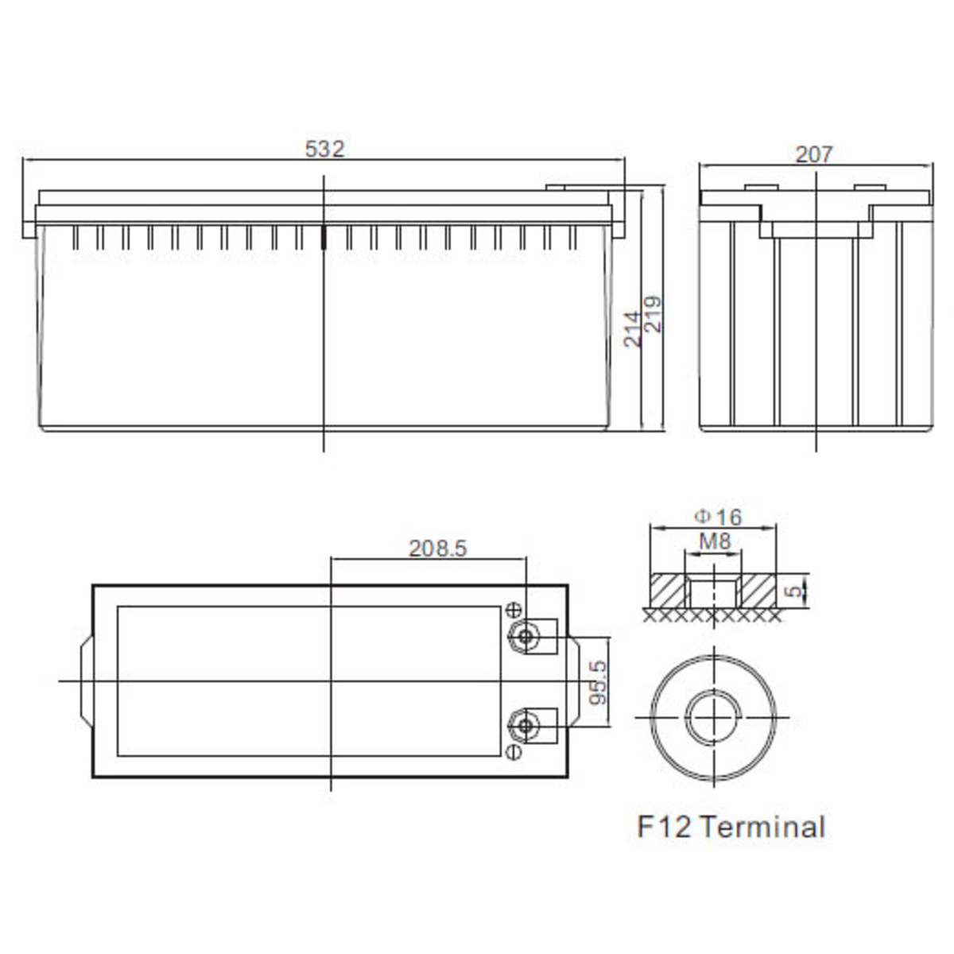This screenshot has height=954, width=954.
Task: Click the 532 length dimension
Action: coord(325,149)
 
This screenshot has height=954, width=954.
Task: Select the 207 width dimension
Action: coord(814,154)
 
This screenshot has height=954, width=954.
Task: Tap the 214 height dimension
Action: coord(632,328)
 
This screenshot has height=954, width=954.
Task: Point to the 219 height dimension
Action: coord(653,314)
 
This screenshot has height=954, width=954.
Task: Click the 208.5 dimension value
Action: coord(437,548)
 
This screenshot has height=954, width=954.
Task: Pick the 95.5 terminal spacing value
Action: coord(598,681)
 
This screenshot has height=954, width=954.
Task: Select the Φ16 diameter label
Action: coord(718,518)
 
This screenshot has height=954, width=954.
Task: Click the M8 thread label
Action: coord(715,541)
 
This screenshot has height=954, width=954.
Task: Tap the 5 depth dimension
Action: coord(794,591)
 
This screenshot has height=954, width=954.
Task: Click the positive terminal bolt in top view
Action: coord(525,636)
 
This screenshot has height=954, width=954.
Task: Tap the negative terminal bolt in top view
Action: coord(525,726)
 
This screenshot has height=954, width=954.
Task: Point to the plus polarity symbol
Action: coord(514,610)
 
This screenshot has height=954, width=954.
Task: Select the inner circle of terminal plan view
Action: coord(713,716)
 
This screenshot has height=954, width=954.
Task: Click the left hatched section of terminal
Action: coord(669,591)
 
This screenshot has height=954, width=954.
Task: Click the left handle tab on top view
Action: coord(87,681)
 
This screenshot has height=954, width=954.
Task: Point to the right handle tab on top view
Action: coord(573,681)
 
